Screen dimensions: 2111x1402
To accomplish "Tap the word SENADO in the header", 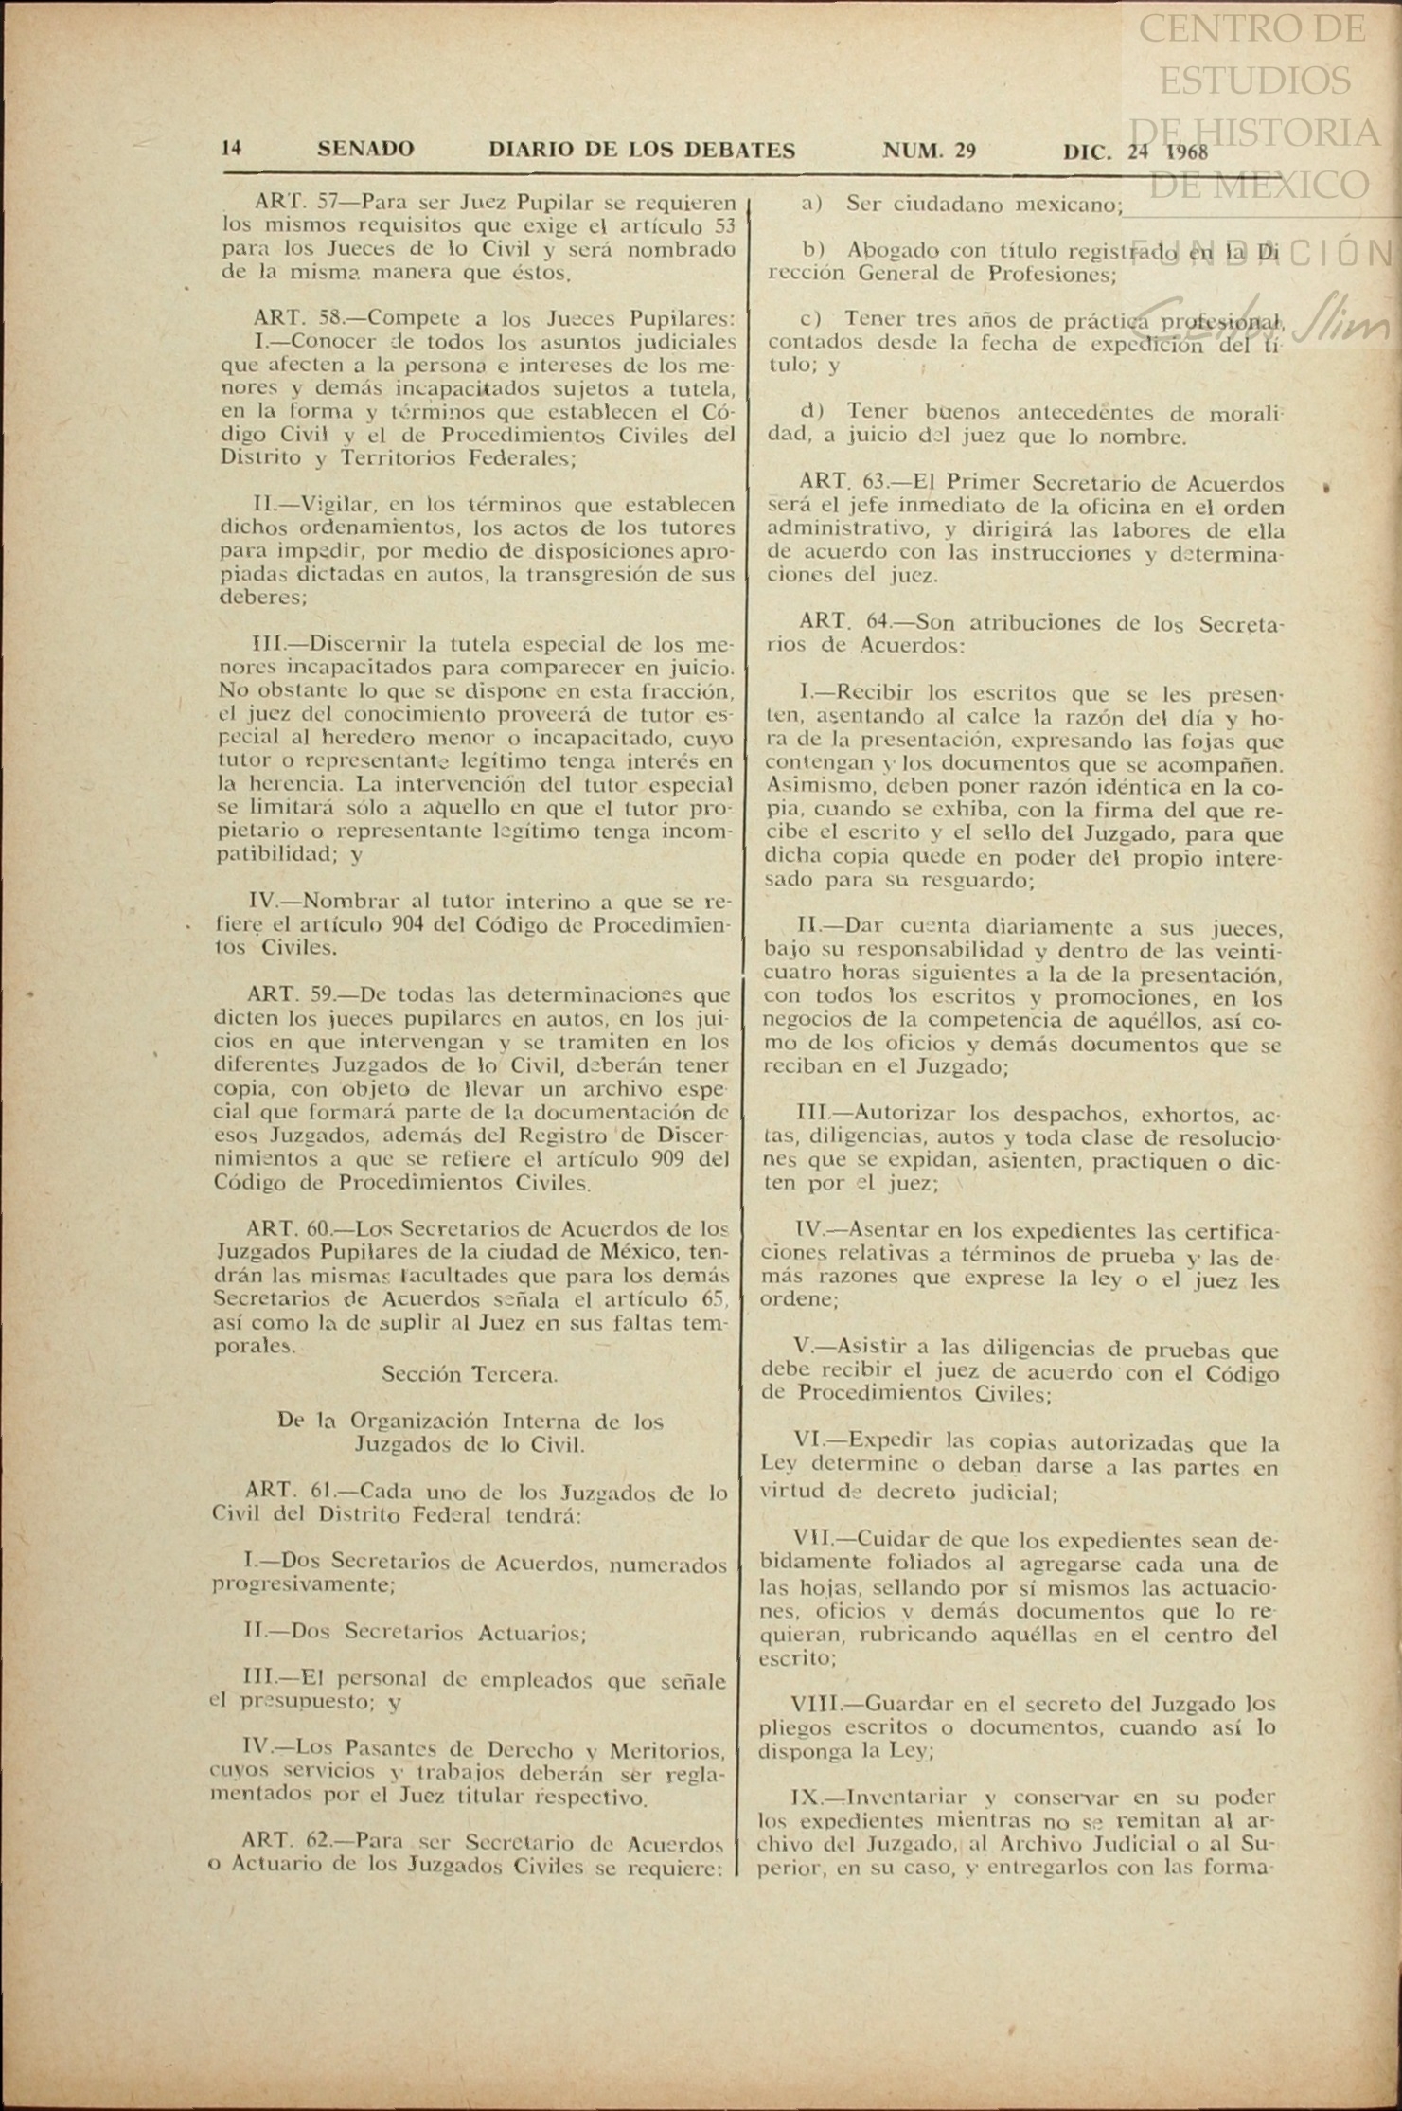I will point(365,149).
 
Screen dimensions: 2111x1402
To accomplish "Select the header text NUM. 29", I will point(929,150).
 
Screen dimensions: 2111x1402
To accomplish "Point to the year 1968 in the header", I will point(1186,151).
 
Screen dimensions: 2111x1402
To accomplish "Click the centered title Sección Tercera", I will point(470,1373).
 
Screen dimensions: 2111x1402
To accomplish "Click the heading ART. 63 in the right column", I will point(842,483).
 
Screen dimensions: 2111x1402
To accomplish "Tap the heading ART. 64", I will point(842,622).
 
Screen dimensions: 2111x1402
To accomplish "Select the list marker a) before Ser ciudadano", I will point(811,203).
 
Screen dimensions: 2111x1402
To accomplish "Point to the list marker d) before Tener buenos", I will point(811,412).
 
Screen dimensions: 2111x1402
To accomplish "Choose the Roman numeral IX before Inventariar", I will point(806,1797).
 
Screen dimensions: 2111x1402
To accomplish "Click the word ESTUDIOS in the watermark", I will point(1255,80).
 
